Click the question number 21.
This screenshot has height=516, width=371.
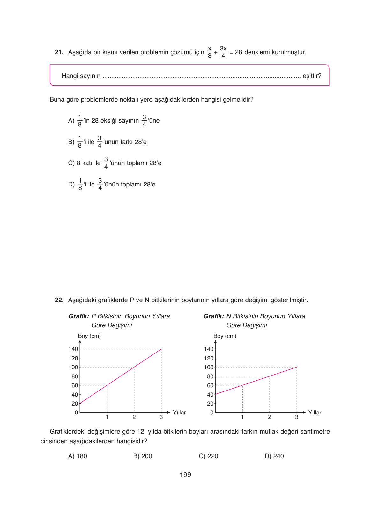coord(59,52)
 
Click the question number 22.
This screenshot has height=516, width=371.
coord(59,300)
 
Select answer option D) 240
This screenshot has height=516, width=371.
coord(274,456)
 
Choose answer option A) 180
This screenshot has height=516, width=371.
coord(78,456)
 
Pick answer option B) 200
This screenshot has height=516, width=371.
coord(143,456)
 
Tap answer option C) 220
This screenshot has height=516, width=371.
coord(208,456)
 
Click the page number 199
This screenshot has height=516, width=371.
coord(185,475)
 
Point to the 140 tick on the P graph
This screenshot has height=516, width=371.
coord(73,349)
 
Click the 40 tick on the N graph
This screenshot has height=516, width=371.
coord(210,395)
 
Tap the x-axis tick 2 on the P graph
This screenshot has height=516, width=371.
coord(134,417)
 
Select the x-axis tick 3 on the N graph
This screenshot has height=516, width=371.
coord(297,417)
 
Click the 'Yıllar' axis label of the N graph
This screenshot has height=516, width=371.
coord(315,413)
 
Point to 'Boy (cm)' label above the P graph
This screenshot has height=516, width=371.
coord(89,336)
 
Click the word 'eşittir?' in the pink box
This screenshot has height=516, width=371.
coord(312,76)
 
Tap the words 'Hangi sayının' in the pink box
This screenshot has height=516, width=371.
coord(81,76)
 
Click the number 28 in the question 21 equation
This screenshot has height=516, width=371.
coord(238,52)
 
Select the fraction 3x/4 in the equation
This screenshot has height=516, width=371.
coord(223,52)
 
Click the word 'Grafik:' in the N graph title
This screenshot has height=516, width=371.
coord(214,316)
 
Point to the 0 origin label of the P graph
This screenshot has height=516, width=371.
coord(76,413)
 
